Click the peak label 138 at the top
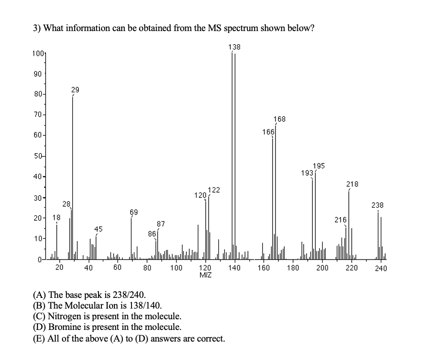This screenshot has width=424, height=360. (x=234, y=47)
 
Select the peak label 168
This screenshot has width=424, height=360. (x=279, y=119)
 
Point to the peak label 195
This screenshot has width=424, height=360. (x=319, y=166)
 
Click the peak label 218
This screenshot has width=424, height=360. (x=352, y=184)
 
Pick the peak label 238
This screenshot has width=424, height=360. (x=377, y=205)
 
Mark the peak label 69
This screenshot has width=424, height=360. (x=133, y=212)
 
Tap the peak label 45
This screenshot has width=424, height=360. (x=98, y=229)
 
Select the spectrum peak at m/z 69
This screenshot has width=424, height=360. (x=131, y=238)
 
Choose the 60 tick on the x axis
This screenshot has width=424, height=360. (x=117, y=267)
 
